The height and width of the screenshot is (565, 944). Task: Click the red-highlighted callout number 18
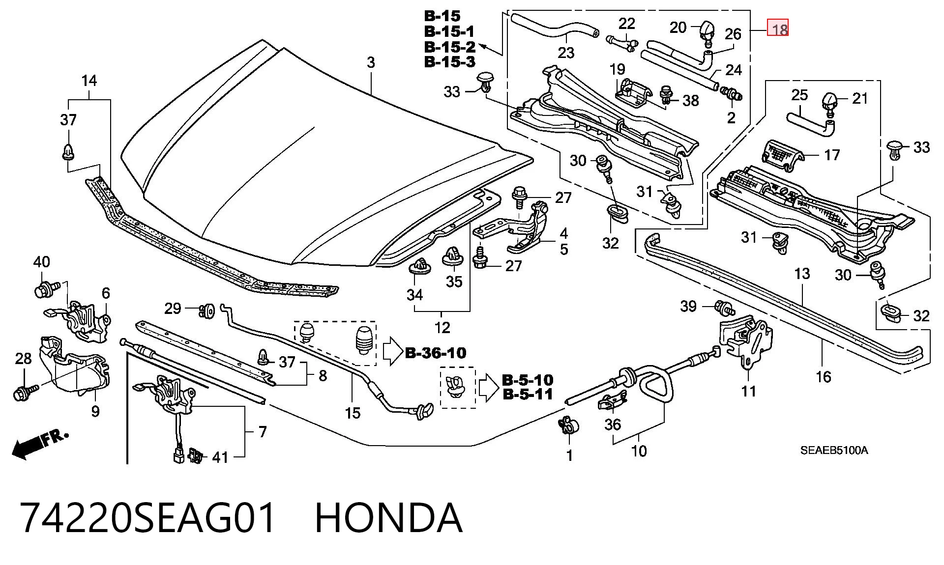[x=779, y=29]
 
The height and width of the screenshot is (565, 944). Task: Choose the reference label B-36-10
[x=436, y=353]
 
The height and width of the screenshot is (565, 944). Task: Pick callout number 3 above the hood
[x=371, y=62]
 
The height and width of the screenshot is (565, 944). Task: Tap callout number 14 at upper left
[x=89, y=81]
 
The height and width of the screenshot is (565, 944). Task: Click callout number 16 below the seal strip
[x=823, y=377]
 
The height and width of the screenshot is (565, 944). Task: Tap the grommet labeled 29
[x=207, y=311]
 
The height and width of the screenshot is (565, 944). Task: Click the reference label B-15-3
[x=450, y=62]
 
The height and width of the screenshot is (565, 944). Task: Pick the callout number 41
[x=220, y=457]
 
